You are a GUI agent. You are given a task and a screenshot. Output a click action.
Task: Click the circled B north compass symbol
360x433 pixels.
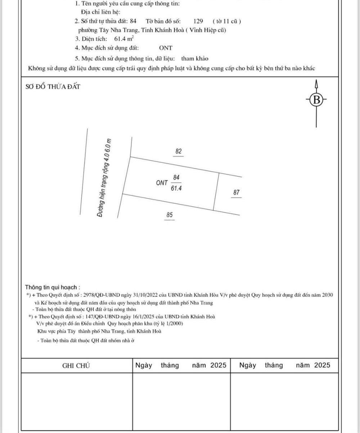[316, 99]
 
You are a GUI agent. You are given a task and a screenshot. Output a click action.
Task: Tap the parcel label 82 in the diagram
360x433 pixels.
[179, 151]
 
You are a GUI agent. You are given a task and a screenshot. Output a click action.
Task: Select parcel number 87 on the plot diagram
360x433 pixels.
[236, 193]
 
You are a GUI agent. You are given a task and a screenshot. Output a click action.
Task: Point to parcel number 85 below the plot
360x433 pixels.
[170, 215]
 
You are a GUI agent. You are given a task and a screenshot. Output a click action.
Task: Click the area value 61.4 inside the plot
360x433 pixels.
[176, 188]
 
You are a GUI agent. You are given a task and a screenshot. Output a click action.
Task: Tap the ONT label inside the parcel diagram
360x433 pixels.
[162, 183]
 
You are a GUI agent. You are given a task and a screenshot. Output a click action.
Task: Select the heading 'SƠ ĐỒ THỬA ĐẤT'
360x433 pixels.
[53, 87]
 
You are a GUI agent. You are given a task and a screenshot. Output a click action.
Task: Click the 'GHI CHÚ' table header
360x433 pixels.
[76, 366]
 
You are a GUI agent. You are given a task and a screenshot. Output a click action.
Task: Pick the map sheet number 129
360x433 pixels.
[198, 21]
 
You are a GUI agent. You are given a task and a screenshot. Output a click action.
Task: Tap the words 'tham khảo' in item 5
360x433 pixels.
[195, 58]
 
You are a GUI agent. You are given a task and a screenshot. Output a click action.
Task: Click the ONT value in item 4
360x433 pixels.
[166, 48]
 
